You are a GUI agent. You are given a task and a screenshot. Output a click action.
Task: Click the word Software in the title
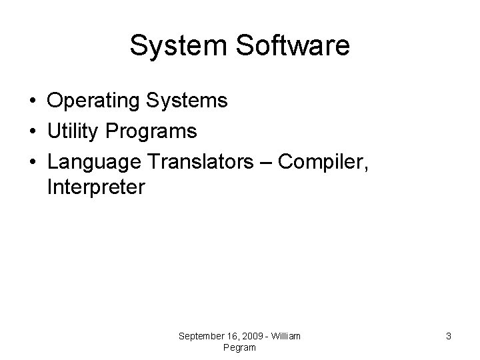click(x=292, y=46)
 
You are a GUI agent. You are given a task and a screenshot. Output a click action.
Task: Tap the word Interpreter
click(x=95, y=188)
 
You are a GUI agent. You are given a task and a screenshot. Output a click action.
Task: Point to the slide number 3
click(x=449, y=337)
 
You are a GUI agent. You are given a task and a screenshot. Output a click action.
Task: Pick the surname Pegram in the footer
click(x=240, y=348)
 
